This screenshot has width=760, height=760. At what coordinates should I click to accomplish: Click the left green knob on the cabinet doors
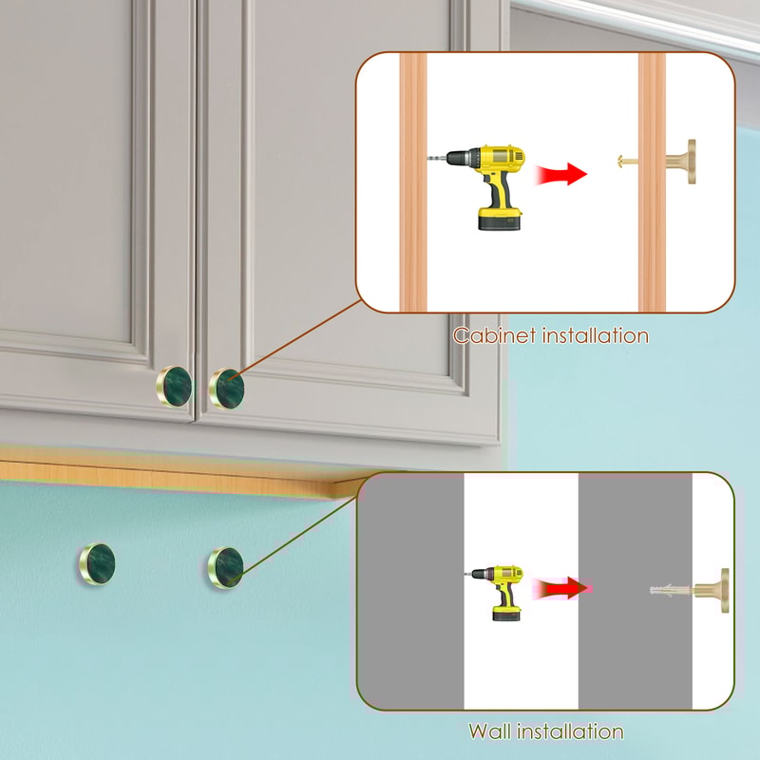tap(174, 386)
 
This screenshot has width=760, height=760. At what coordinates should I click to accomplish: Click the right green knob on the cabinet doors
tap(227, 388)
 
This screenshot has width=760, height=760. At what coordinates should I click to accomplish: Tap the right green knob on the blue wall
tap(226, 566)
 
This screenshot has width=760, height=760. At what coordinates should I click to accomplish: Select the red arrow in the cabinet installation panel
tap(561, 174)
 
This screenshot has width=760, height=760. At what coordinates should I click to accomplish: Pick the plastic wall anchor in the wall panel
tap(669, 589)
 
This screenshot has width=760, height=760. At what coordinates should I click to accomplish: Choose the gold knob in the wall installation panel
tap(713, 589)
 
